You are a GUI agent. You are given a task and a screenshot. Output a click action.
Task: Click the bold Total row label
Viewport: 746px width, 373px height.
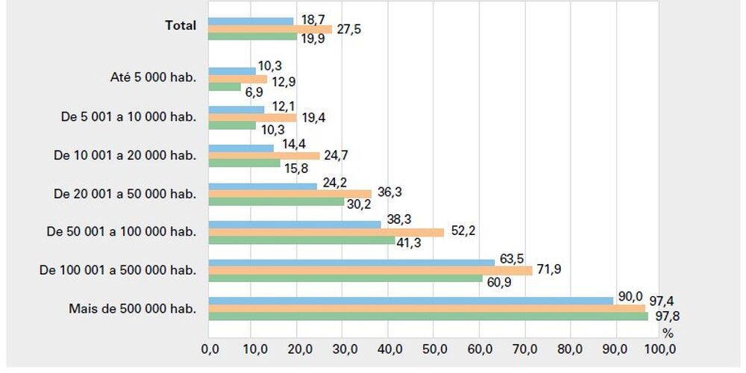[181, 25]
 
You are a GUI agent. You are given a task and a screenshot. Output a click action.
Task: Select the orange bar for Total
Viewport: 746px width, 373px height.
[270, 29]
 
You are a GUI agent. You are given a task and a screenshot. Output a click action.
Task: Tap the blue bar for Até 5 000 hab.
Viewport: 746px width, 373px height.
[231, 72]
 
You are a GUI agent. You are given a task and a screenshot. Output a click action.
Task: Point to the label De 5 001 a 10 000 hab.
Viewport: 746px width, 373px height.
[128, 116]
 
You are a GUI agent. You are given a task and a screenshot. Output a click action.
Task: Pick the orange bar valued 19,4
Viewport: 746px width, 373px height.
[252, 117]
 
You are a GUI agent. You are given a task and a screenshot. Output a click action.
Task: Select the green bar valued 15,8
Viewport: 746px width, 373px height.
[244, 163]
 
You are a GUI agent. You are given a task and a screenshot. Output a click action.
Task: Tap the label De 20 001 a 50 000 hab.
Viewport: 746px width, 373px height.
[125, 193]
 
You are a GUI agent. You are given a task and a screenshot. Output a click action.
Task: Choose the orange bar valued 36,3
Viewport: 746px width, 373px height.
[289, 194]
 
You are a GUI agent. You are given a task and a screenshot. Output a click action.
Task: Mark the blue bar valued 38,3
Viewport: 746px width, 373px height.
[295, 225]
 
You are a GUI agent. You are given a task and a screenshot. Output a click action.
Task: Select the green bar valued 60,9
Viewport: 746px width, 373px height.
[345, 278]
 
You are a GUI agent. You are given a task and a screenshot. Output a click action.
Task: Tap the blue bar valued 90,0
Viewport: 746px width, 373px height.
[410, 301]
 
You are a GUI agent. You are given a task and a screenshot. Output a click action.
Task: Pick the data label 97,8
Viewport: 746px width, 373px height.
[666, 317]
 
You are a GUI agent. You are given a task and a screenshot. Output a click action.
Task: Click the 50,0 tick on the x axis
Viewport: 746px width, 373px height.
[433, 348]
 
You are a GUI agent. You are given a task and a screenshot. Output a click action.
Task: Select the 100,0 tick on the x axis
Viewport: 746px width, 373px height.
[659, 348]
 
